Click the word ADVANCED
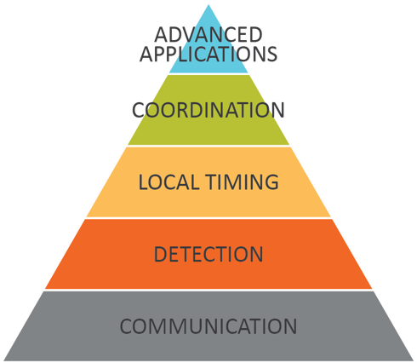pyautogui.click(x=208, y=35)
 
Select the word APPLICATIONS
pyautogui.click(x=208, y=54)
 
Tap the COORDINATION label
pyautogui.click(x=208, y=110)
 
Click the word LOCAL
pyautogui.click(x=169, y=182)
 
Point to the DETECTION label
pyautogui.click(x=208, y=254)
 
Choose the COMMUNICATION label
pyautogui.click(x=208, y=326)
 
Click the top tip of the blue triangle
pyautogui.click(x=208, y=4)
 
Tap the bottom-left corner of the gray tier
pyautogui.click(x=4, y=360)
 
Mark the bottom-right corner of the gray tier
pyautogui.click(x=414, y=360)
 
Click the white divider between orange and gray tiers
pyautogui.click(x=208, y=290)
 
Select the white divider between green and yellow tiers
pyautogui.click(x=208, y=146)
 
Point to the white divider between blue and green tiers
pyautogui.click(x=208, y=74)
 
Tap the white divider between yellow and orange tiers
pyautogui.click(x=208, y=218)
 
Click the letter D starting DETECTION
pyautogui.click(x=161, y=254)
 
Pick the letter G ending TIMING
pyautogui.click(x=271, y=182)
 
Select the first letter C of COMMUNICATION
pyautogui.click(x=126, y=326)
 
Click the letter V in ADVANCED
pyautogui.click(x=191, y=35)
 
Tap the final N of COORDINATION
pyautogui.click(x=277, y=110)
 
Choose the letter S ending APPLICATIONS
pyautogui.click(x=272, y=54)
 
